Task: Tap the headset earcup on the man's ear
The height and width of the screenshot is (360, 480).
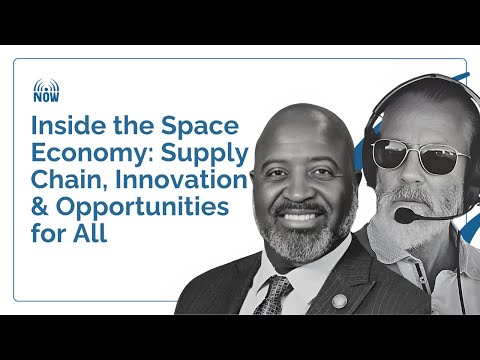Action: click(375, 140)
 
